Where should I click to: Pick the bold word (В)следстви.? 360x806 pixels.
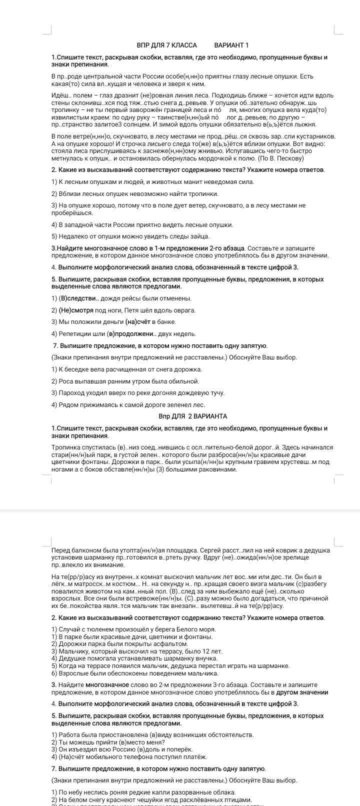pyautogui.click(x=79, y=298)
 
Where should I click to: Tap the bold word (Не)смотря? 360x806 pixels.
pyautogui.click(x=78, y=310)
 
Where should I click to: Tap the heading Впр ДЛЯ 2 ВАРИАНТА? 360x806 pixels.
pyautogui.click(x=193, y=416)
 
